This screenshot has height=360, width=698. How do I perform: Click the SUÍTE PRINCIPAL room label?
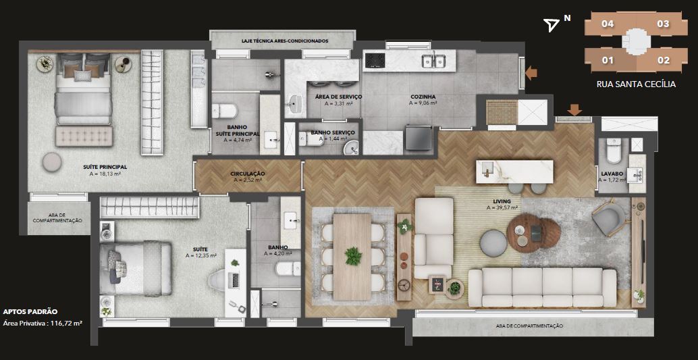(105, 167)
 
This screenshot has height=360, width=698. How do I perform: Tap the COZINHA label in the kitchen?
(423, 96)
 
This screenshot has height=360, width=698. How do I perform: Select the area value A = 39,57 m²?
(502, 207)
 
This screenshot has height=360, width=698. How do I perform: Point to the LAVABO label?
(608, 174)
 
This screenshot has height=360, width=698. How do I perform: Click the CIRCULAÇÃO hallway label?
(248, 174)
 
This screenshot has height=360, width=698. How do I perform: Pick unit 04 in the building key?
(608, 24)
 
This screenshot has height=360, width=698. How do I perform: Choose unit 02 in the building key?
(664, 59)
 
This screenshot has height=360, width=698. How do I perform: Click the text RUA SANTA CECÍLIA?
(636, 84)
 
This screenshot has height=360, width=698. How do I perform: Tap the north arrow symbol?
(552, 25)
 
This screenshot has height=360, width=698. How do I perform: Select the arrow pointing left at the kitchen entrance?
(531, 73)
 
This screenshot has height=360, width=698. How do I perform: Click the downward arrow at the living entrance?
(574, 109)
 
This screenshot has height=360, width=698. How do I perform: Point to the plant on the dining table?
(353, 256)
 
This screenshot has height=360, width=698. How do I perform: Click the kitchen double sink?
(433, 59)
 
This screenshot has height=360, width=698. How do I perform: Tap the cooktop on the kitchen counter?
(375, 61)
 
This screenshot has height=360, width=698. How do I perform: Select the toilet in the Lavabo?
(614, 151)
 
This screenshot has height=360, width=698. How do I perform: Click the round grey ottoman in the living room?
(493, 243)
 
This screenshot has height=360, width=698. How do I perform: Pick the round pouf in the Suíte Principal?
(52, 162)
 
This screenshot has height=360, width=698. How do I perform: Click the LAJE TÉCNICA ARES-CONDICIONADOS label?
(285, 41)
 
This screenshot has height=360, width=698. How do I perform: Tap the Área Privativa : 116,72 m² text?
(43, 323)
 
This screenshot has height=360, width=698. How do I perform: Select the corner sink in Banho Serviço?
(351, 147)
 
